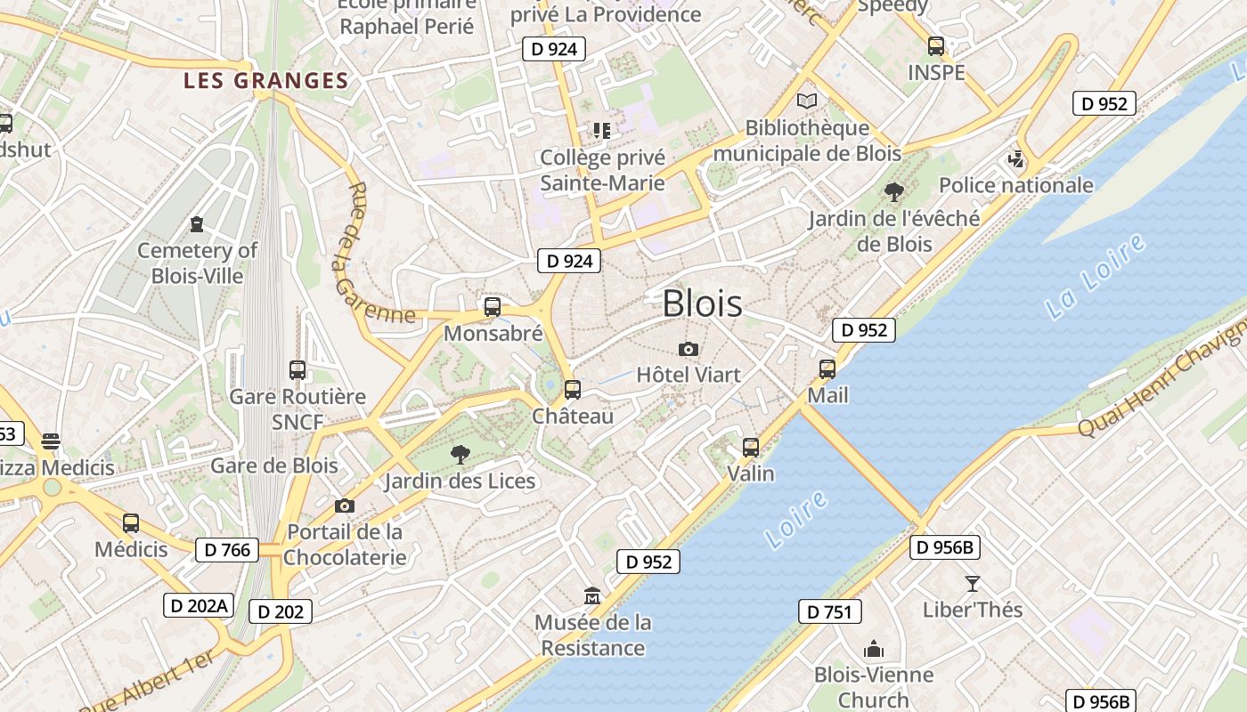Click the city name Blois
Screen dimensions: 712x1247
[x=702, y=303]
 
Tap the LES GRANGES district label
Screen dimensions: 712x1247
[x=265, y=81]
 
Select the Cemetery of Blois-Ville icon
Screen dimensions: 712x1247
[x=197, y=223]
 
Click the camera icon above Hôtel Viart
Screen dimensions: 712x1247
[x=688, y=349]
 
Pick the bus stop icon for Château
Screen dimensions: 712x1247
[x=573, y=389]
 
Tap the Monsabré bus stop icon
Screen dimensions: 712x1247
[x=493, y=307]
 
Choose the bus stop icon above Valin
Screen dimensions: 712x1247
[x=751, y=447]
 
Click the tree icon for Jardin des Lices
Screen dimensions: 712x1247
[x=460, y=455]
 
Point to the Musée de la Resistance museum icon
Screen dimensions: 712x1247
[x=592, y=595]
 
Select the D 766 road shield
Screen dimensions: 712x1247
[x=227, y=550]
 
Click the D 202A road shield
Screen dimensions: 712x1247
[x=199, y=606]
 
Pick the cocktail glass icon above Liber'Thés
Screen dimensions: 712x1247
[x=972, y=583]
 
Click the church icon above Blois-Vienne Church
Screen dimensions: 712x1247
[x=874, y=649]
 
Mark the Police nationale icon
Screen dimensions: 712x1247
[x=1015, y=159]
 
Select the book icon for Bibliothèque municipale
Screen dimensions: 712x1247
[x=807, y=101]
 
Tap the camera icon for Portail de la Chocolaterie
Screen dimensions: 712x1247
[x=345, y=506]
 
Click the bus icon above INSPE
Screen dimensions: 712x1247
[x=935, y=46]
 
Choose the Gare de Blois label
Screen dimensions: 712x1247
[x=274, y=465]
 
